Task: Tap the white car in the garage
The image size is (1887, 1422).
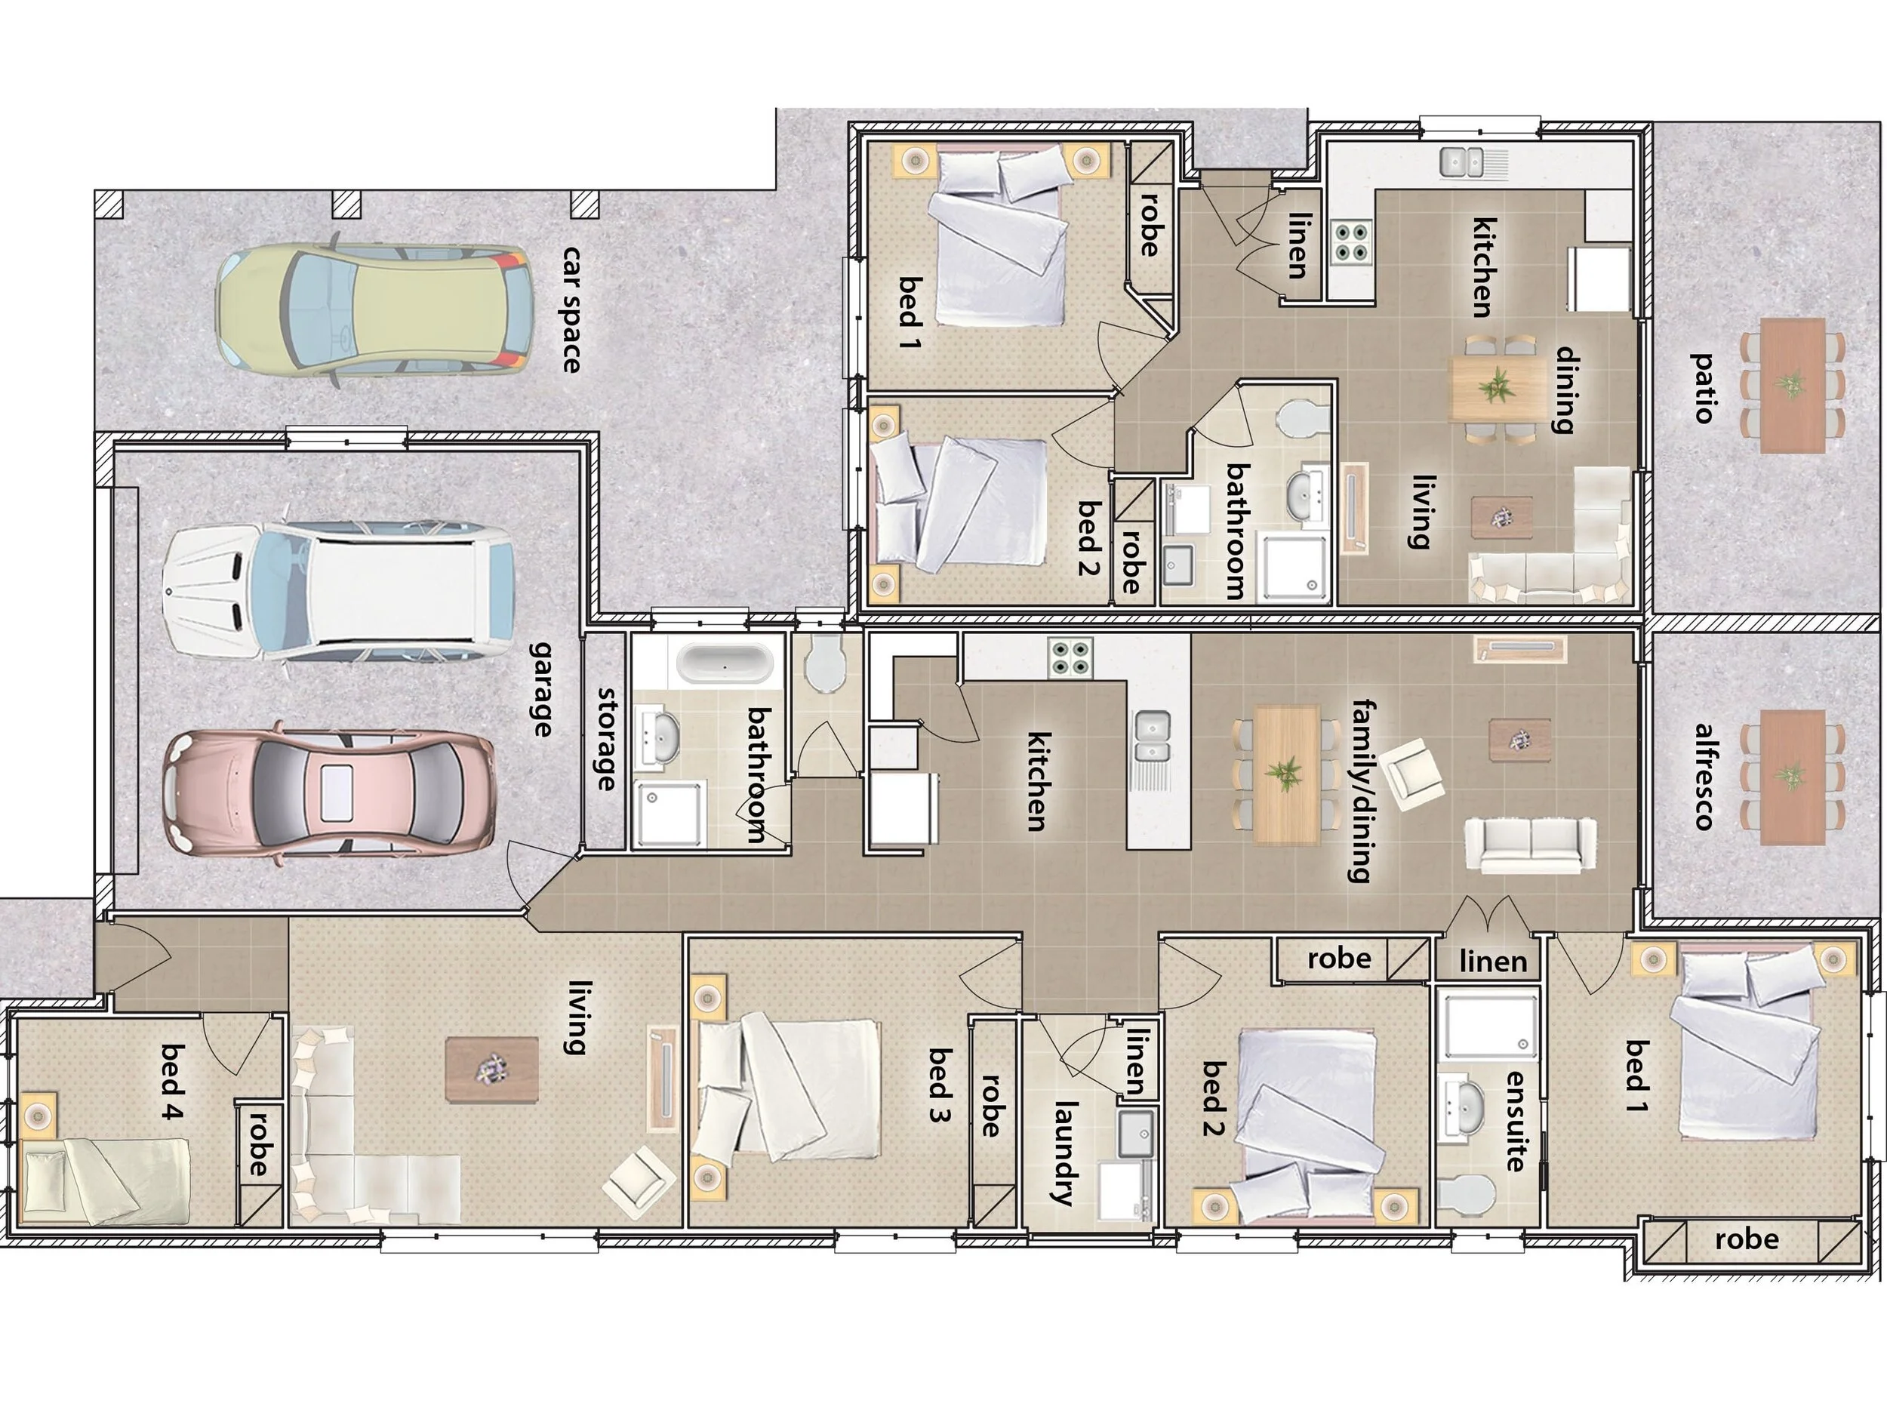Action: point(339,592)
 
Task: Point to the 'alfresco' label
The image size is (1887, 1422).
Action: point(1704,776)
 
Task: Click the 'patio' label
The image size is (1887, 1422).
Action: point(1703,388)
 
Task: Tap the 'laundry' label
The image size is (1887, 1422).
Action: point(1064,1153)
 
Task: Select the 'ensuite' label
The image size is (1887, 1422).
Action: point(1515,1120)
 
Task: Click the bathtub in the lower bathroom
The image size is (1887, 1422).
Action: point(725,663)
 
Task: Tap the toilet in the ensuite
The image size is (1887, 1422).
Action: point(1468,1192)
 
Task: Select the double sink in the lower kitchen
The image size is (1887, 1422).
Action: point(1153,734)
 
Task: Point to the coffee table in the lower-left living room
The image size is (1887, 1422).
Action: point(491,1069)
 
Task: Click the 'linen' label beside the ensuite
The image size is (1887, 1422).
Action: point(1493,962)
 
